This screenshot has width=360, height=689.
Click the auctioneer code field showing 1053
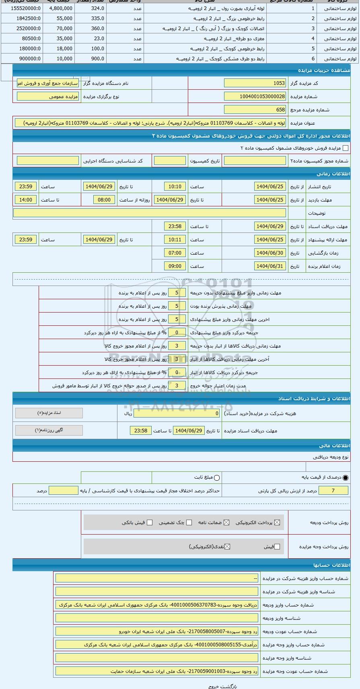pos(255,83)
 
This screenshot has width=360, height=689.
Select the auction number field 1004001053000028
pos(255,97)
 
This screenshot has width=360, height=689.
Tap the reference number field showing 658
pos(255,110)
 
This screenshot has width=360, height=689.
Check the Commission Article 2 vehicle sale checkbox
pos(345,148)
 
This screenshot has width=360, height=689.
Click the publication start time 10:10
pos(175,187)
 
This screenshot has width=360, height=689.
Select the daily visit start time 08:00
pos(104,200)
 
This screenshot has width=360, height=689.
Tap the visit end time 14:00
pos(26,200)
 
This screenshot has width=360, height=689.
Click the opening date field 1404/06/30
pos(270,253)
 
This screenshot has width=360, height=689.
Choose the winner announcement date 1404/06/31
pos(270,266)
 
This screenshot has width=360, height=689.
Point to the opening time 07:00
pos(175,253)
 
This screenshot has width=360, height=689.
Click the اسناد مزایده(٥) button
pos(49,413)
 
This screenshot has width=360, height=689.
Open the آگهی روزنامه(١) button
pos(49,430)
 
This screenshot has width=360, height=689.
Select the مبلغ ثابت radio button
pos(217,478)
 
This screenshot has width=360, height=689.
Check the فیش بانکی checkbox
pos(150,522)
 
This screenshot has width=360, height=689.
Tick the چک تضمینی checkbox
pos(189,522)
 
